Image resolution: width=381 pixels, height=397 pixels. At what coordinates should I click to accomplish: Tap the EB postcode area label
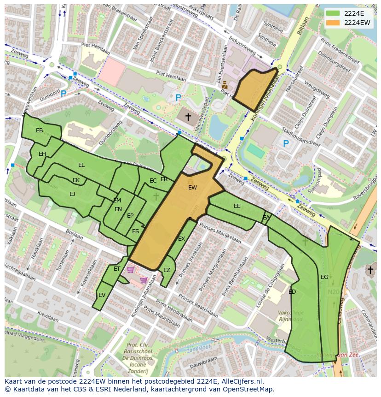tap(40, 130)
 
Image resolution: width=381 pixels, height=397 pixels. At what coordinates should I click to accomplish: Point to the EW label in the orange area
tap(192, 188)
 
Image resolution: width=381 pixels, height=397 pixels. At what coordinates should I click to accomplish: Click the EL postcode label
tap(81, 165)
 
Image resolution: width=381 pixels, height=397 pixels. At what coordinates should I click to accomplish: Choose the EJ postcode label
tap(72, 194)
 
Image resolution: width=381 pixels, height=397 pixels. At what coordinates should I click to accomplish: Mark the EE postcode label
tap(237, 206)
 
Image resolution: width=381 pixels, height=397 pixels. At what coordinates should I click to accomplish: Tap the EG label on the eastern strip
tap(324, 277)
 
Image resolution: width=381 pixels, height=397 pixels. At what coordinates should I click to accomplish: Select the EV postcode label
tap(102, 295)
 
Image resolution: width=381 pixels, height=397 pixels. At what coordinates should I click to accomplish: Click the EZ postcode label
tap(167, 270)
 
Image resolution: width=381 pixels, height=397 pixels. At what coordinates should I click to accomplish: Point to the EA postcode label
tap(266, 218)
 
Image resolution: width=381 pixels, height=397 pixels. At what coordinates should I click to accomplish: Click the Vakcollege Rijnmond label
tap(290, 316)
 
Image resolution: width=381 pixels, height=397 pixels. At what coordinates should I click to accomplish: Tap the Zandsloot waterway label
tap(196, 349)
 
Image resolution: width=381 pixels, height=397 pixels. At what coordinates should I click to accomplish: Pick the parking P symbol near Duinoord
tap(63, 94)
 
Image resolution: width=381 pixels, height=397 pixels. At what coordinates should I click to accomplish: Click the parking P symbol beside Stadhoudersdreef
tap(286, 144)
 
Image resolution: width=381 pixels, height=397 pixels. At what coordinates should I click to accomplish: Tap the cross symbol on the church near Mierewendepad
tap(188, 117)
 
